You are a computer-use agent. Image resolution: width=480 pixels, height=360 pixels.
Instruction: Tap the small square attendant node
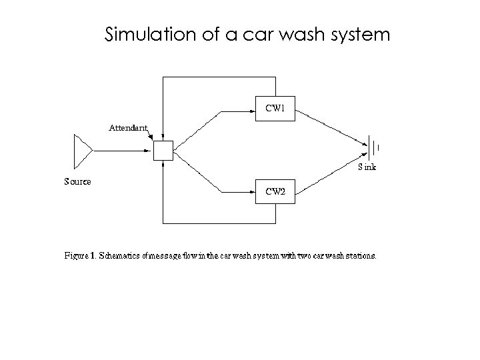[163, 151]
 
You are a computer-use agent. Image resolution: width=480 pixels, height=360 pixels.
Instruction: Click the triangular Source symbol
[82, 151]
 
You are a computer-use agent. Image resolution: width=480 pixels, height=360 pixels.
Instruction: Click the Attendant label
[128, 127]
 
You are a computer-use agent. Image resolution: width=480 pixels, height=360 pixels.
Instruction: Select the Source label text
[77, 181]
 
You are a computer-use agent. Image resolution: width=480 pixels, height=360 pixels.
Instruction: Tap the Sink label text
[367, 167]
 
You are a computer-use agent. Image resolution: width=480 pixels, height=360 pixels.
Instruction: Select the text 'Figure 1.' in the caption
[80, 255]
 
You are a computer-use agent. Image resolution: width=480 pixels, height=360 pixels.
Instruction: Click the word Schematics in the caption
[120, 255]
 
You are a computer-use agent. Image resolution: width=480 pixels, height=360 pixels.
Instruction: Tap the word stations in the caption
[359, 255]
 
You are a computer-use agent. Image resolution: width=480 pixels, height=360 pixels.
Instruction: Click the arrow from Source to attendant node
[123, 151]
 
